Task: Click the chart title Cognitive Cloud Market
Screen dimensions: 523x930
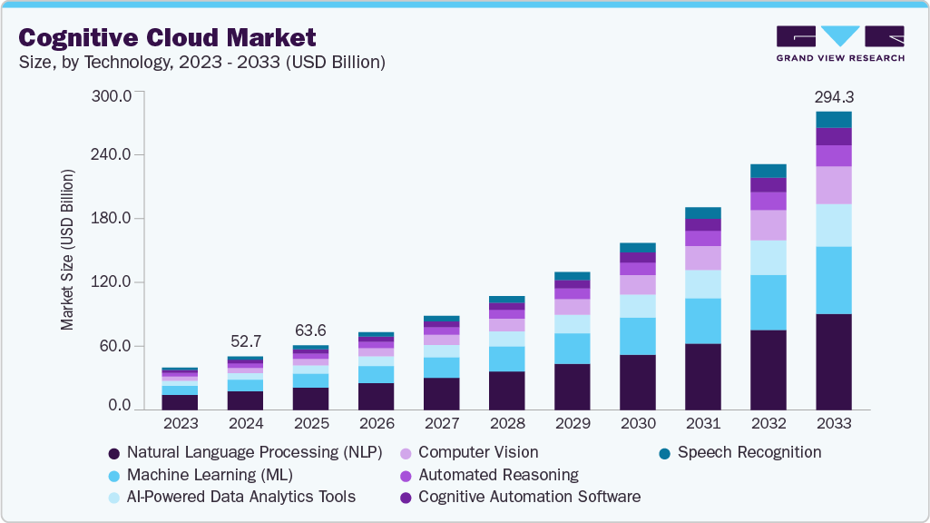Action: (168, 37)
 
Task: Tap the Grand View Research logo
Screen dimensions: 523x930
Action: (839, 43)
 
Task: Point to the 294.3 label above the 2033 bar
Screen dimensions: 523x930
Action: (834, 96)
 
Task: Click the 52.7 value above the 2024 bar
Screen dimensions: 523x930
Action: (246, 341)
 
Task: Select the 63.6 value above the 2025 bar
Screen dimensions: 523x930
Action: (311, 331)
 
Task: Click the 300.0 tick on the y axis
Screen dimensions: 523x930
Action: (113, 95)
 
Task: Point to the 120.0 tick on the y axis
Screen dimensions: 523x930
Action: (113, 282)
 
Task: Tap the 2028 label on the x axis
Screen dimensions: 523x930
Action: (507, 423)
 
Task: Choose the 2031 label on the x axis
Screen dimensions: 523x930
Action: (703, 423)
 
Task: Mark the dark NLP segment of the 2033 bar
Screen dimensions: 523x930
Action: (834, 361)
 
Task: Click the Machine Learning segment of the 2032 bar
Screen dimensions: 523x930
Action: (768, 302)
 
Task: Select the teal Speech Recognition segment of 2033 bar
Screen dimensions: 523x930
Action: (834, 119)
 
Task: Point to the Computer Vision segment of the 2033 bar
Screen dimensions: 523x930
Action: (834, 185)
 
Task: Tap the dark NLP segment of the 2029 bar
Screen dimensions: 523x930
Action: (573, 387)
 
